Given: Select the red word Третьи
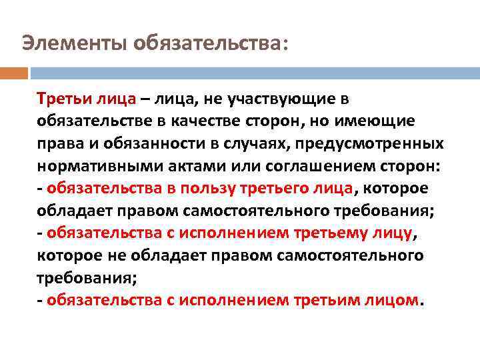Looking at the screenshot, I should click(61, 99).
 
